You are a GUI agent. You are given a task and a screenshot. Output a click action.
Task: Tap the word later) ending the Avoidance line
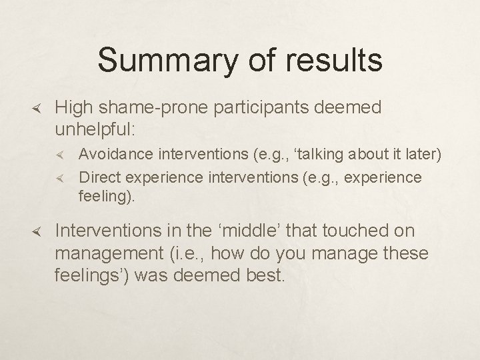coord(423,155)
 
